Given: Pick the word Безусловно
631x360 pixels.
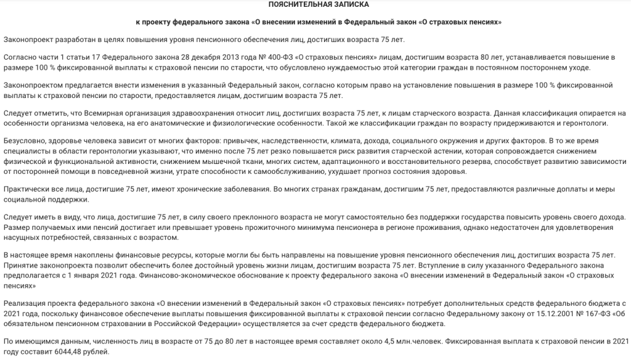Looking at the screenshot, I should coord(25,141).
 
